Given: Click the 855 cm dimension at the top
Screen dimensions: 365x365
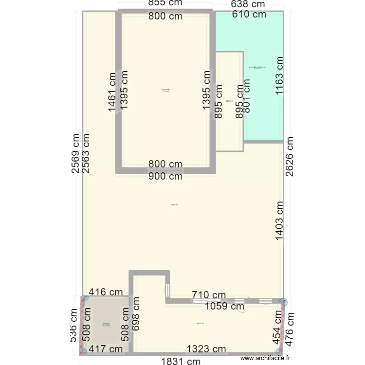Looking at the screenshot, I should click(165, 4).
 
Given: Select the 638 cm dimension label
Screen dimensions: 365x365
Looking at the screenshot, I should click(248, 4).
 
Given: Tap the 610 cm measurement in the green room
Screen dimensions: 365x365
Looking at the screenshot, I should click(249, 15).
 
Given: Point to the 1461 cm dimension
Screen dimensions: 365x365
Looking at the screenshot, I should click(112, 91).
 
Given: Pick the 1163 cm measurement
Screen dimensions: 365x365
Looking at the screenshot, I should click(279, 78).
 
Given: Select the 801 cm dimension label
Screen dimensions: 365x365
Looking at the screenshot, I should click(247, 100).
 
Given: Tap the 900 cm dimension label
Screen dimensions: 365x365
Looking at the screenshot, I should click(165, 176).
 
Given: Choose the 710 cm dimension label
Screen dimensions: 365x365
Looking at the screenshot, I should click(209, 295).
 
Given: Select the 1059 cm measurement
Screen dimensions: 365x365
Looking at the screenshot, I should click(224, 307).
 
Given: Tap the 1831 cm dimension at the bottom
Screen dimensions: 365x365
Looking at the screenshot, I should click(181, 361).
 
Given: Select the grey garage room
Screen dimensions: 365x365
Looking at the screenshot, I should click(106, 324).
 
